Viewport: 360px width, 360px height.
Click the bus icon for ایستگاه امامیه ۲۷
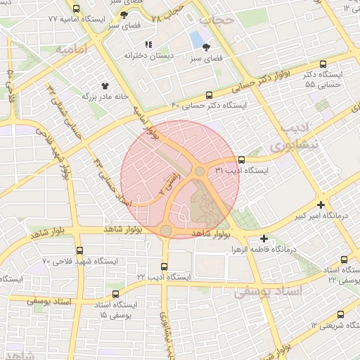tap(76, 9)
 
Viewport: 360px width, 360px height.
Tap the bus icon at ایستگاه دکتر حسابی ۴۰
tap(209, 96)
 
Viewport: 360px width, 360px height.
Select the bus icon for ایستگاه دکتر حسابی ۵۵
tap(323, 63)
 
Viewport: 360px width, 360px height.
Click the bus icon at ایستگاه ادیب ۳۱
tap(241, 160)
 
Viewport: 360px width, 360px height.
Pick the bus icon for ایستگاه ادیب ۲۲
tap(164, 267)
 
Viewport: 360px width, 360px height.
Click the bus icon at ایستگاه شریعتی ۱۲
tap(340, 315)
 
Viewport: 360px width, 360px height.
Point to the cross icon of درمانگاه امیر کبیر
tap(321, 205)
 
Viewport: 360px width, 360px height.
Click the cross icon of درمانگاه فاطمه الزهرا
tap(264, 239)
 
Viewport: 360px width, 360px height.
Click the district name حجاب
tap(215, 20)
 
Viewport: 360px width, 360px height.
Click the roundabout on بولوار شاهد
tap(166, 231)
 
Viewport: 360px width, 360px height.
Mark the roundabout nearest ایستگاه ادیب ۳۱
tap(200, 172)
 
